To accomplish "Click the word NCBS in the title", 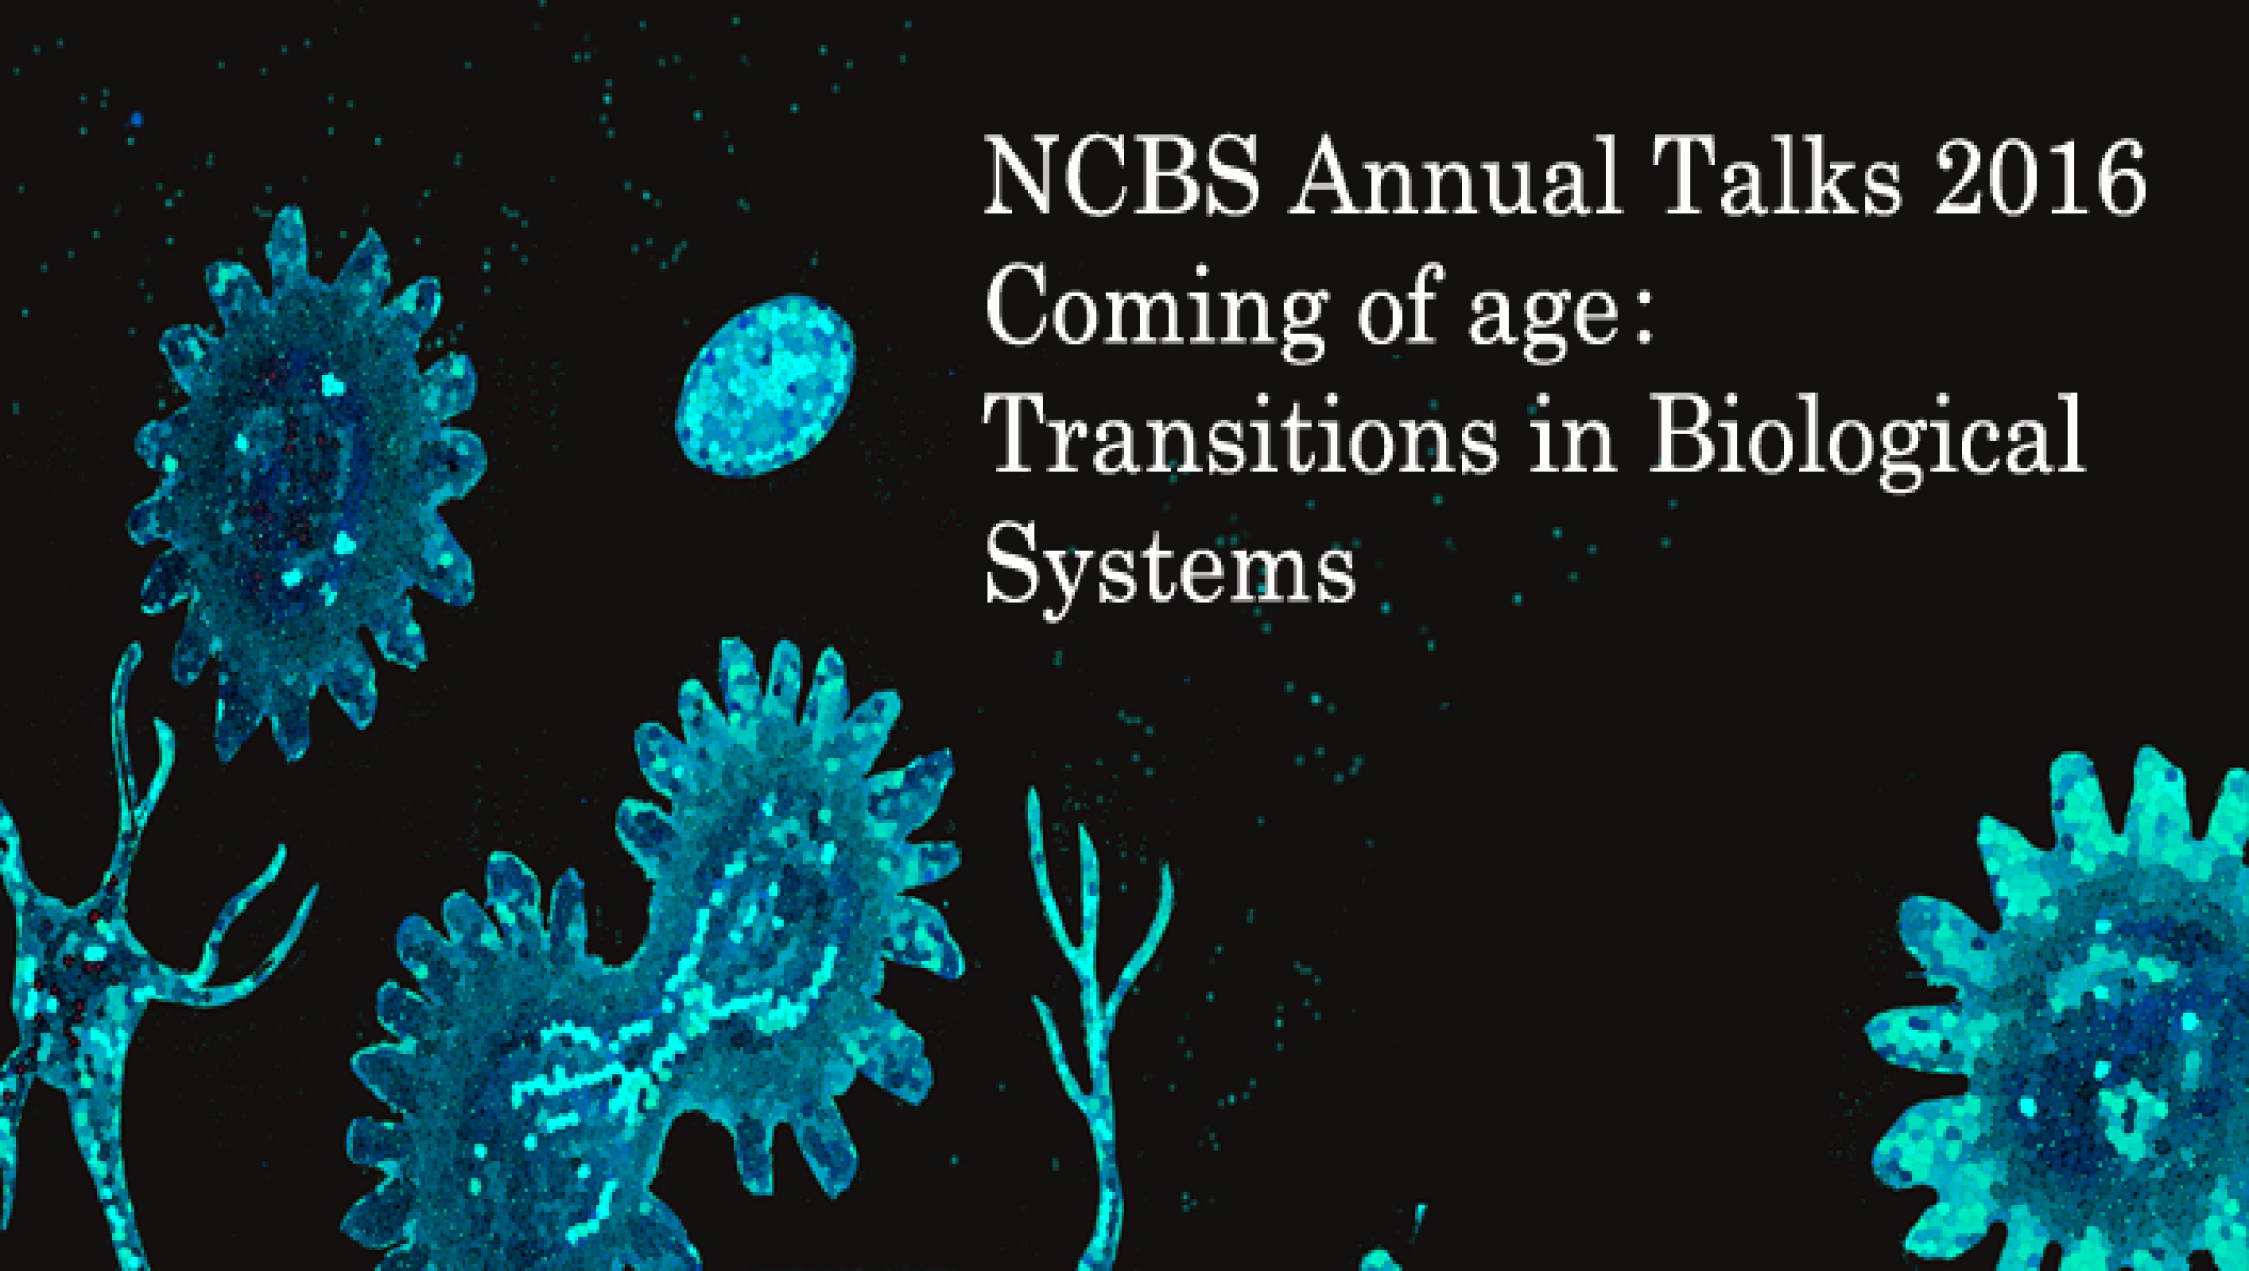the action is [1123, 177].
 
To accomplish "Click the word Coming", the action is [1155, 311].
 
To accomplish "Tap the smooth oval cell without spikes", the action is [766, 385].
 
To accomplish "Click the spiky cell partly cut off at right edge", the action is [2068, 1012].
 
